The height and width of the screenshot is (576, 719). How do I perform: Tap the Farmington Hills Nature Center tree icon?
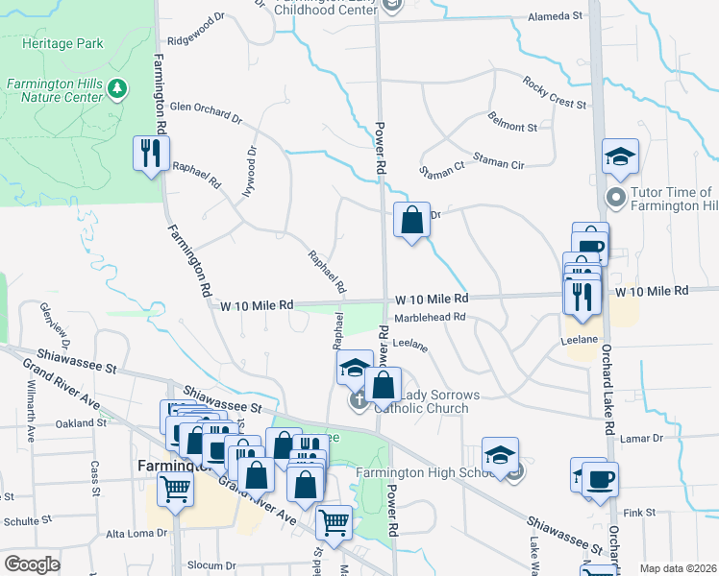pyautogui.click(x=118, y=89)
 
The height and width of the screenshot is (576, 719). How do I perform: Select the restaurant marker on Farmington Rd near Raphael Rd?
pyautogui.click(x=151, y=155)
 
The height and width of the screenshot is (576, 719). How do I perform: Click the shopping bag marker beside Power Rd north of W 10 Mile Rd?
pyautogui.click(x=411, y=221)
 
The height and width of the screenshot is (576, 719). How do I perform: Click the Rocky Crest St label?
pyautogui.click(x=555, y=95)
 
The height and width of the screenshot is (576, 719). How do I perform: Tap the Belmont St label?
pyautogui.click(x=512, y=127)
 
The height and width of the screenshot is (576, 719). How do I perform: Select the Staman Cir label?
pyautogui.click(x=498, y=164)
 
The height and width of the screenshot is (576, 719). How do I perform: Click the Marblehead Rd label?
pyautogui.click(x=430, y=316)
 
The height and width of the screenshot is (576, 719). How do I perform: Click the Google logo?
pyautogui.click(x=32, y=564)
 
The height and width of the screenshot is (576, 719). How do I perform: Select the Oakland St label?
pyautogui.click(x=81, y=422)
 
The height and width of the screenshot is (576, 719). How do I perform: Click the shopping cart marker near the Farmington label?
pyautogui.click(x=176, y=489)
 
